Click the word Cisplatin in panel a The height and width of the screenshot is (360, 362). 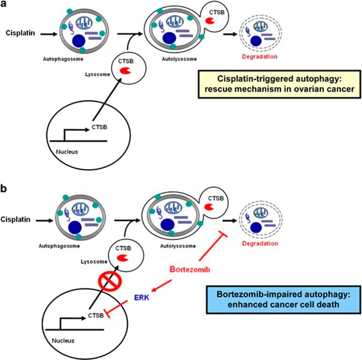click(18, 33)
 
